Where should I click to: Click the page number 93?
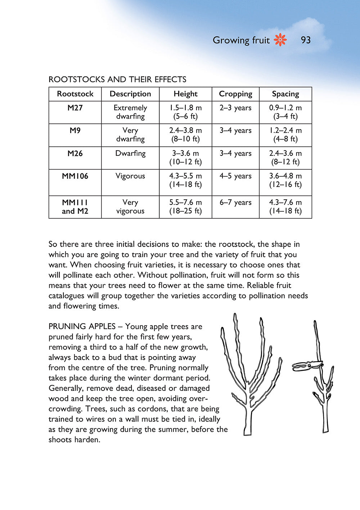click(x=305, y=40)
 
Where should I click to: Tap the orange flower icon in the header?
click(x=280, y=40)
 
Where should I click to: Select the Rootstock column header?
click(x=75, y=94)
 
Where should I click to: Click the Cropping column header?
click(x=235, y=94)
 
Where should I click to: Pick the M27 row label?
click(x=75, y=108)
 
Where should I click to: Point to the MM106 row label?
click(x=75, y=176)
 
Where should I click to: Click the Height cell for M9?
click(x=185, y=135)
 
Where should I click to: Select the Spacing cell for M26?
click(x=285, y=158)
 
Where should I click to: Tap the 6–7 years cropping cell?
click(x=235, y=202)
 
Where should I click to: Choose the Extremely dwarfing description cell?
click(x=130, y=112)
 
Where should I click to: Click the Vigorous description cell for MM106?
click(x=130, y=176)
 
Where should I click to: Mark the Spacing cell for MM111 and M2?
click(x=285, y=207)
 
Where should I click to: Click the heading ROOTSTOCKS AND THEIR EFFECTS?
click(x=117, y=79)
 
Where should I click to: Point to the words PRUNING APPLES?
click(x=82, y=327)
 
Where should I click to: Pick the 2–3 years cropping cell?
click(x=235, y=108)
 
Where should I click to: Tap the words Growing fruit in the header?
click(x=241, y=40)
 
